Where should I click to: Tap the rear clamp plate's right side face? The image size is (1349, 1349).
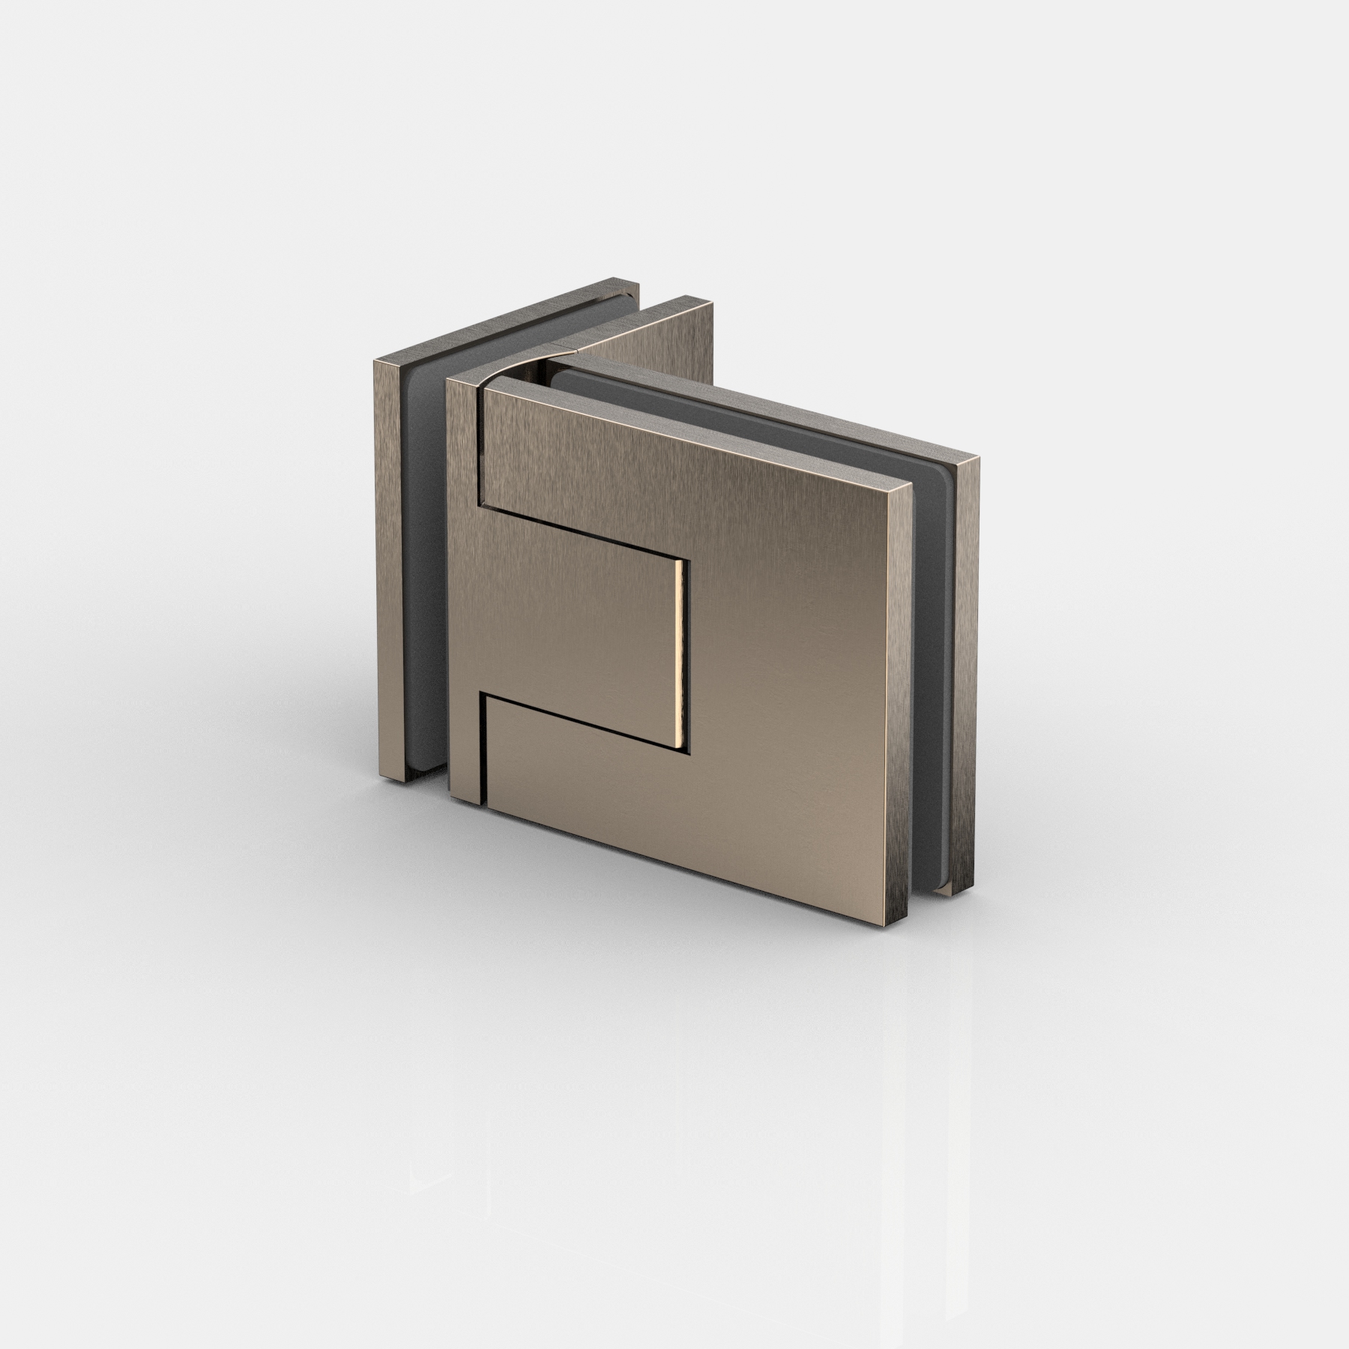[966, 674]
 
